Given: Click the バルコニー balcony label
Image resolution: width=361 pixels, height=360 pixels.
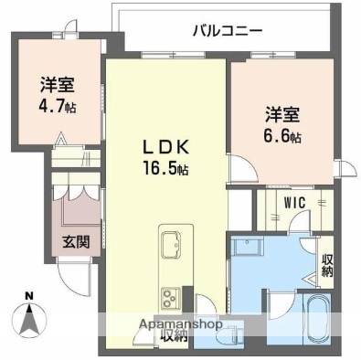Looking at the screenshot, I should [228, 30].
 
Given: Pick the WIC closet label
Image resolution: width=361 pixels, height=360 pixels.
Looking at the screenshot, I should [293, 203].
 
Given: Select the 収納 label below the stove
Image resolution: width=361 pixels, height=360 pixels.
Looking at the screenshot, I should [174, 334].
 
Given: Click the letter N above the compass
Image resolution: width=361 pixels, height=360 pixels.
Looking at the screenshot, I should [28, 295].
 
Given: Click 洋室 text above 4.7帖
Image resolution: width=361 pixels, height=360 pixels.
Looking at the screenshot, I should [57, 85].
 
